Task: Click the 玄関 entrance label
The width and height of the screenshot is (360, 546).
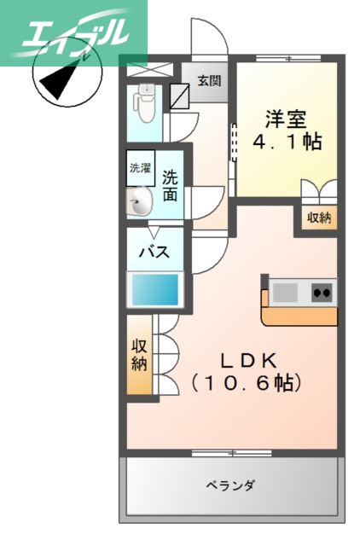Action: tap(209, 82)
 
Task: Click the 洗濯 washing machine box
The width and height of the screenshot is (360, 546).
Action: tap(140, 168)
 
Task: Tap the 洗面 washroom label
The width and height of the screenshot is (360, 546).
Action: tap(171, 186)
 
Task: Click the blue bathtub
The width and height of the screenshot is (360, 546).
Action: tap(154, 289)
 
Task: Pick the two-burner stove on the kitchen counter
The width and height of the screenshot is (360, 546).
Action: tap(322, 293)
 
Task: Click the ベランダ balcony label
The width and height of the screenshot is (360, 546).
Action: tap(231, 486)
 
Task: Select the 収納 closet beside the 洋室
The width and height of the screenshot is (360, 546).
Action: tap(318, 218)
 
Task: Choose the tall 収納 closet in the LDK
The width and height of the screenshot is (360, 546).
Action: tap(140, 355)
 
